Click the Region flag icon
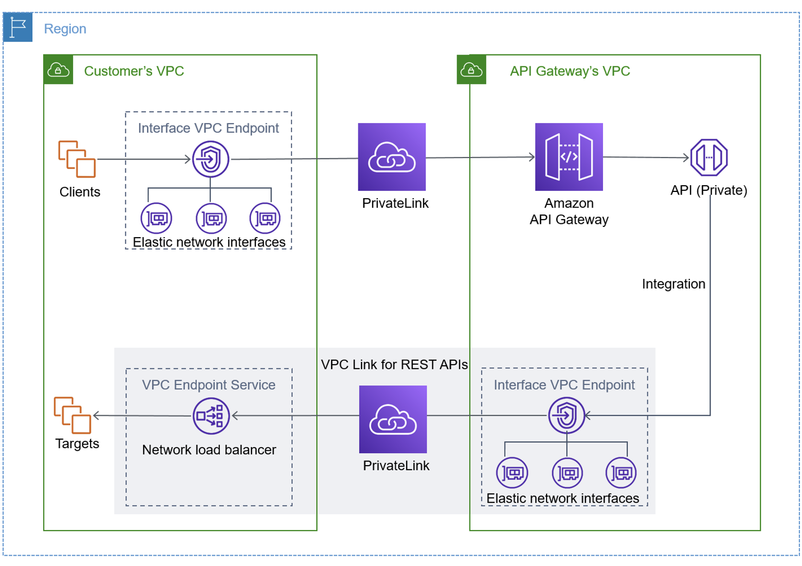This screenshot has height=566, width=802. click(18, 27)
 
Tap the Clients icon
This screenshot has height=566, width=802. click(77, 158)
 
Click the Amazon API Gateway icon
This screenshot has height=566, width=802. click(569, 157)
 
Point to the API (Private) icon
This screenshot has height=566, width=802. click(708, 157)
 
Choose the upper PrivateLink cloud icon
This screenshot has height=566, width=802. click(392, 157)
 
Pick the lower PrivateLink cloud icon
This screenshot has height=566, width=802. click(393, 419)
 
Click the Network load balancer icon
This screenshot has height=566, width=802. click(210, 416)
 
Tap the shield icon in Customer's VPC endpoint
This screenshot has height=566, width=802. click(210, 159)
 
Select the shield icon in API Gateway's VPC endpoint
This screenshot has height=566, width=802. click(566, 415)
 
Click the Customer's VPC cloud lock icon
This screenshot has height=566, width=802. click(58, 69)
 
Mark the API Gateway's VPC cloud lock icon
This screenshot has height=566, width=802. click(471, 69)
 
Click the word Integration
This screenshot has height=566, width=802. click(673, 284)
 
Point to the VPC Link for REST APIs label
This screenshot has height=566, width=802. click(394, 365)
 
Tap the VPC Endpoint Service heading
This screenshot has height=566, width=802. click(209, 385)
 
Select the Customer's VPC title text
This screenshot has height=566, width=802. click(134, 71)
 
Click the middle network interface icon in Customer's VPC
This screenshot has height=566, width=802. click(211, 218)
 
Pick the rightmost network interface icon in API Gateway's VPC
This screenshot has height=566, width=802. click(621, 472)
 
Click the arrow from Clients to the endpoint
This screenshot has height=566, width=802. click(144, 160)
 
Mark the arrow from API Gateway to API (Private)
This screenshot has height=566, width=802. click(645, 157)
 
